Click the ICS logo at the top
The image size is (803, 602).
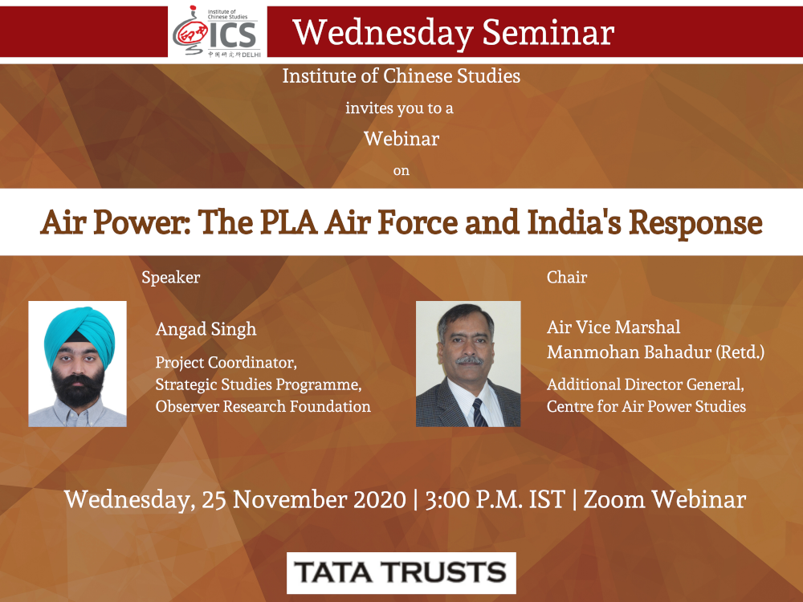coord(217,32)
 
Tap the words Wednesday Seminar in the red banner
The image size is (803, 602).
coord(453,33)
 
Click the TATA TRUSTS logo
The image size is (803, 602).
coord(401,573)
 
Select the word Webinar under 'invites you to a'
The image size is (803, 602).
coord(401,139)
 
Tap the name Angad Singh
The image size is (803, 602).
coord(206,329)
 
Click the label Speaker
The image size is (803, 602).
coord(170,278)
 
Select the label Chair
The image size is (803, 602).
coord(567,277)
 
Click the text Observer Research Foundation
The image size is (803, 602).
coord(263,406)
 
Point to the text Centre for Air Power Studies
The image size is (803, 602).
coord(646,406)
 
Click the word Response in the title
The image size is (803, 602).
coord(696,223)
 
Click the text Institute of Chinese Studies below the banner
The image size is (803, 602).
coord(401,75)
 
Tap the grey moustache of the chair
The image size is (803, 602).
coord(470,360)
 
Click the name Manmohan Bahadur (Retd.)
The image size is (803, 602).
coord(655,352)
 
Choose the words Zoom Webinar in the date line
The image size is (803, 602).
coord(665,499)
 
